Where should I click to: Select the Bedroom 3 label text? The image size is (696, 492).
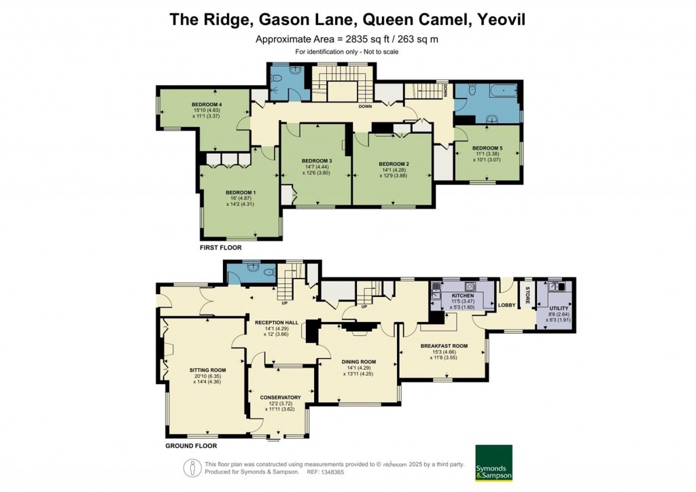point(316,161)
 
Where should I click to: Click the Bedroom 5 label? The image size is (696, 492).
point(487,148)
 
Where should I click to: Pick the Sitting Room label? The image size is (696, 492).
point(207,370)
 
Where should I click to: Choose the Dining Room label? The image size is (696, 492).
point(359,362)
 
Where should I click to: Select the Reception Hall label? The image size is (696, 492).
point(272,323)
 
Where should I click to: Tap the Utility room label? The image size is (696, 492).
point(559,308)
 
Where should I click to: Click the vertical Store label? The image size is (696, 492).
point(527,296)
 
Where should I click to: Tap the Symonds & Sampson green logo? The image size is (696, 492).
point(493,462)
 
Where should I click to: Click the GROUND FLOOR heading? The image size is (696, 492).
point(191,446)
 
